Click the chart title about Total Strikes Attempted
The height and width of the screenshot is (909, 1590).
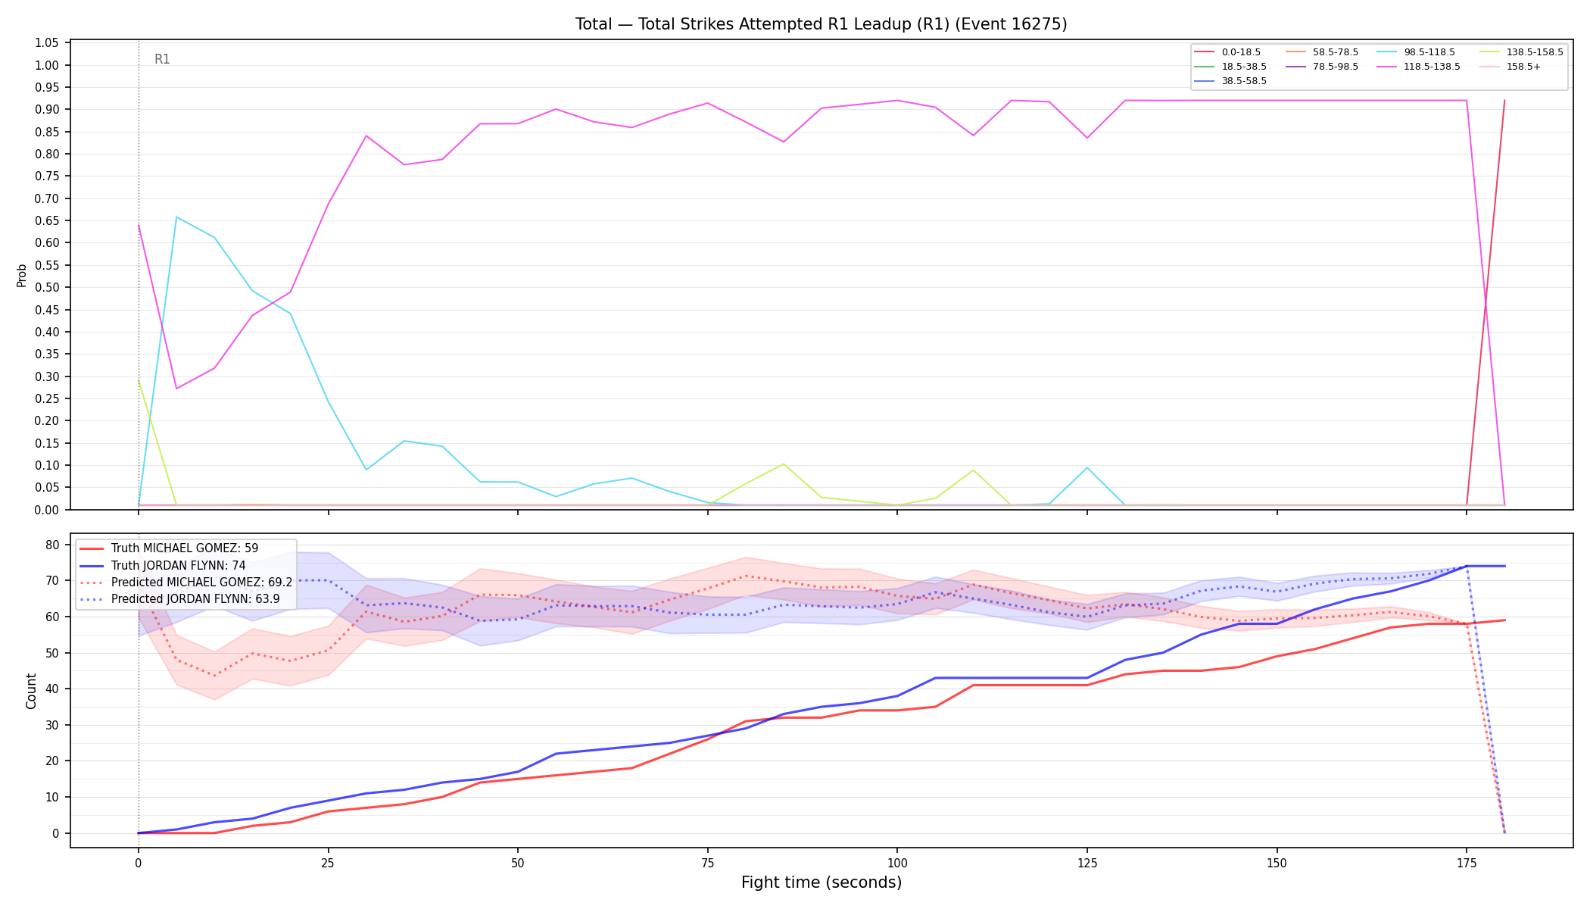(821, 24)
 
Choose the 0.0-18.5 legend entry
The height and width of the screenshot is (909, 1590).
(1227, 52)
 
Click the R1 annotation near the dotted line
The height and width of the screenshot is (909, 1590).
(162, 59)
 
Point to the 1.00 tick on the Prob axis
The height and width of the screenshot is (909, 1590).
(47, 65)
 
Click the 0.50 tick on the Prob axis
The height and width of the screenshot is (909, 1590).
(47, 288)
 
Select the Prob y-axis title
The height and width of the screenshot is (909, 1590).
(21, 275)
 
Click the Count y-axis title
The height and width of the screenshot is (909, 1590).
(31, 691)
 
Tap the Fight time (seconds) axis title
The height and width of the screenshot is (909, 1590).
(821, 882)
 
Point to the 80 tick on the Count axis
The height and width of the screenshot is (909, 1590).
(53, 545)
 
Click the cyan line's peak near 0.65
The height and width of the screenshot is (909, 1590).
(176, 217)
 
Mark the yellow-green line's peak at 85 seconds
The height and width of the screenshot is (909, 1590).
(784, 464)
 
